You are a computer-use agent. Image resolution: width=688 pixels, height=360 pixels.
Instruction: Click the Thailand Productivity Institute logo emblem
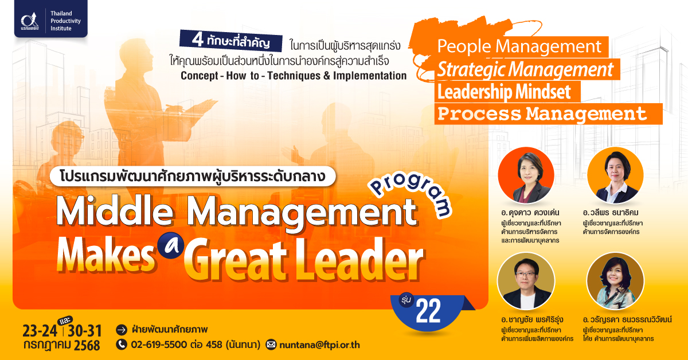[30, 21]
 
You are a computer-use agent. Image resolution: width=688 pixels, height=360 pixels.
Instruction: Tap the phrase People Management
[519, 46]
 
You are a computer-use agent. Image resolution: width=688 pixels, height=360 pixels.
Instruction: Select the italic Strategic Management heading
[525, 69]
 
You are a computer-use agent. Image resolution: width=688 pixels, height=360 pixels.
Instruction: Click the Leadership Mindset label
[504, 92]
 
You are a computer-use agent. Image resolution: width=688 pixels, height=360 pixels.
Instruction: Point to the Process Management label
[542, 114]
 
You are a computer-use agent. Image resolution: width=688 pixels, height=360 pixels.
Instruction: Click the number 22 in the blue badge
[428, 311]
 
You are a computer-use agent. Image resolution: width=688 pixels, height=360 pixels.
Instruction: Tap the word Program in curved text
[411, 194]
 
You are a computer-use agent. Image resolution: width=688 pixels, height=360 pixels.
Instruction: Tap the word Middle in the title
[115, 212]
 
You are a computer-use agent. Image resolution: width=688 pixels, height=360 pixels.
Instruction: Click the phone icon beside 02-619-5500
[122, 345]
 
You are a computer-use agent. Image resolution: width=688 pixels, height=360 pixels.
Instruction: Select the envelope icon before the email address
[271, 345]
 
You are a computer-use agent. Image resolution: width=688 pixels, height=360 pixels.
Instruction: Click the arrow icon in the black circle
[122, 330]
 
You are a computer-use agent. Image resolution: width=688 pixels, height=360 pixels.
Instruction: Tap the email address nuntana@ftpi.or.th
[319, 345]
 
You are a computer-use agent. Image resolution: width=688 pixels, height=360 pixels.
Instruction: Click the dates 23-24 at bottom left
[40, 331]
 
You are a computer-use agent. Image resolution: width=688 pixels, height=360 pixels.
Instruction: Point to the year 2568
[87, 345]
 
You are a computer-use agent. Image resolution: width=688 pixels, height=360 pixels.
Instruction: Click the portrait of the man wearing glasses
[526, 281]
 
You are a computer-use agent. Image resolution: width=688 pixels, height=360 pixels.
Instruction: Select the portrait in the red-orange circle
[526, 175]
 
